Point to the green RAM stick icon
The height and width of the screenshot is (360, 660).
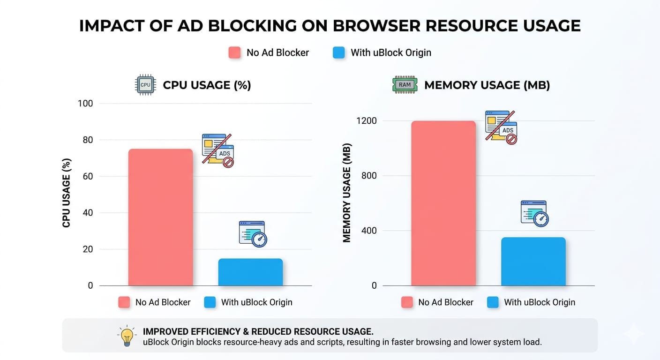tap(404, 85)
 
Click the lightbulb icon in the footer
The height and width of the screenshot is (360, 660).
tap(126, 336)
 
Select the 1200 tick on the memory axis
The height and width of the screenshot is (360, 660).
tap(366, 121)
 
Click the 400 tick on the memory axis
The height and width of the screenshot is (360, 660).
tap(369, 231)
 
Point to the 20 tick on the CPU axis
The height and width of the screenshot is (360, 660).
tap(88, 249)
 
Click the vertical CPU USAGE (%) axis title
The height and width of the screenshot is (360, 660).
tap(67, 194)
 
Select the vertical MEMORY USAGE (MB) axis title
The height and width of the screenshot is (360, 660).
tap(347, 193)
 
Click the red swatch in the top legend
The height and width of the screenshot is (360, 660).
tap(234, 52)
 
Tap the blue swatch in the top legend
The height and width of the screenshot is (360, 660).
tap(338, 52)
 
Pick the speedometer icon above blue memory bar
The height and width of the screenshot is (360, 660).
tap(534, 214)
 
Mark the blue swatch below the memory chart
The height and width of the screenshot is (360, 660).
tap(493, 302)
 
